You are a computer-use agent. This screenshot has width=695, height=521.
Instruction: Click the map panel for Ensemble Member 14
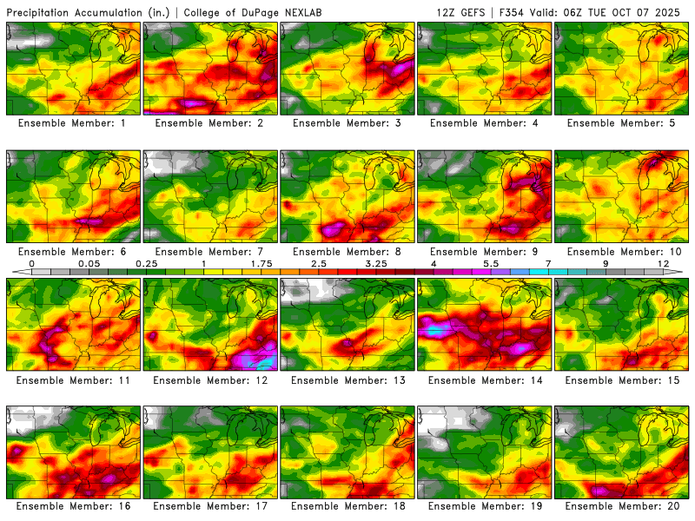click(485, 324)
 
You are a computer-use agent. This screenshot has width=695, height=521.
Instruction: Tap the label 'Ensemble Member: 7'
click(210, 251)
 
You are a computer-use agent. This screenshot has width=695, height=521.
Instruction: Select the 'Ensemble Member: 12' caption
click(210, 379)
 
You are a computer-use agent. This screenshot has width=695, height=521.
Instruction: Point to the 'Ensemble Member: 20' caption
click(623, 506)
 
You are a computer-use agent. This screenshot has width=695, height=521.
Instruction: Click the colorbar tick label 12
click(664, 263)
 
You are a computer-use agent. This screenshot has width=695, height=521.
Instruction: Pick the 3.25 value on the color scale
click(376, 263)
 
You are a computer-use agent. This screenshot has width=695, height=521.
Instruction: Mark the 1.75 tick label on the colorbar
click(261, 263)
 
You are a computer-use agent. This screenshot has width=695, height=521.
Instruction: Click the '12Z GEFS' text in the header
click(461, 12)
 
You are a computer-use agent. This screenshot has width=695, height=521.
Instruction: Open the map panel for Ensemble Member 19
click(485, 452)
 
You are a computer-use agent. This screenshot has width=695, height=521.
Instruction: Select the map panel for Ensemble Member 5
click(623, 69)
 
